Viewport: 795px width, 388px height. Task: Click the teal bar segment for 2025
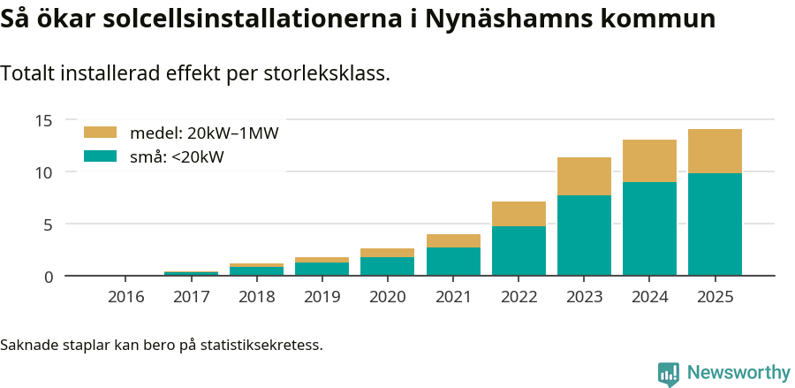click(x=715, y=224)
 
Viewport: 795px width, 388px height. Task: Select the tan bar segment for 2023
click(x=584, y=177)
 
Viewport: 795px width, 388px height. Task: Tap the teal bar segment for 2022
click(x=519, y=251)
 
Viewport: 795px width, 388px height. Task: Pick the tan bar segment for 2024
click(x=649, y=161)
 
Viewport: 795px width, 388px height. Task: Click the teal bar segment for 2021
click(x=453, y=262)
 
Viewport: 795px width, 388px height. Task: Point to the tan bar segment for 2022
click(x=519, y=214)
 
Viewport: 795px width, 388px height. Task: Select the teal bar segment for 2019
click(x=322, y=269)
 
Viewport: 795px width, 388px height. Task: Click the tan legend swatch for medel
click(x=100, y=133)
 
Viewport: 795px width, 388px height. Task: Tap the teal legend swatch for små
click(x=100, y=156)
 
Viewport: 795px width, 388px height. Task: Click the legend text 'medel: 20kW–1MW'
click(x=204, y=133)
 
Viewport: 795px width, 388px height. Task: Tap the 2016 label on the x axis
click(x=126, y=297)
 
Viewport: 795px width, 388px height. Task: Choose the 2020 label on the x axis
click(x=388, y=297)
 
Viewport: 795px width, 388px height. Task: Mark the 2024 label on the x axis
click(x=649, y=297)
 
